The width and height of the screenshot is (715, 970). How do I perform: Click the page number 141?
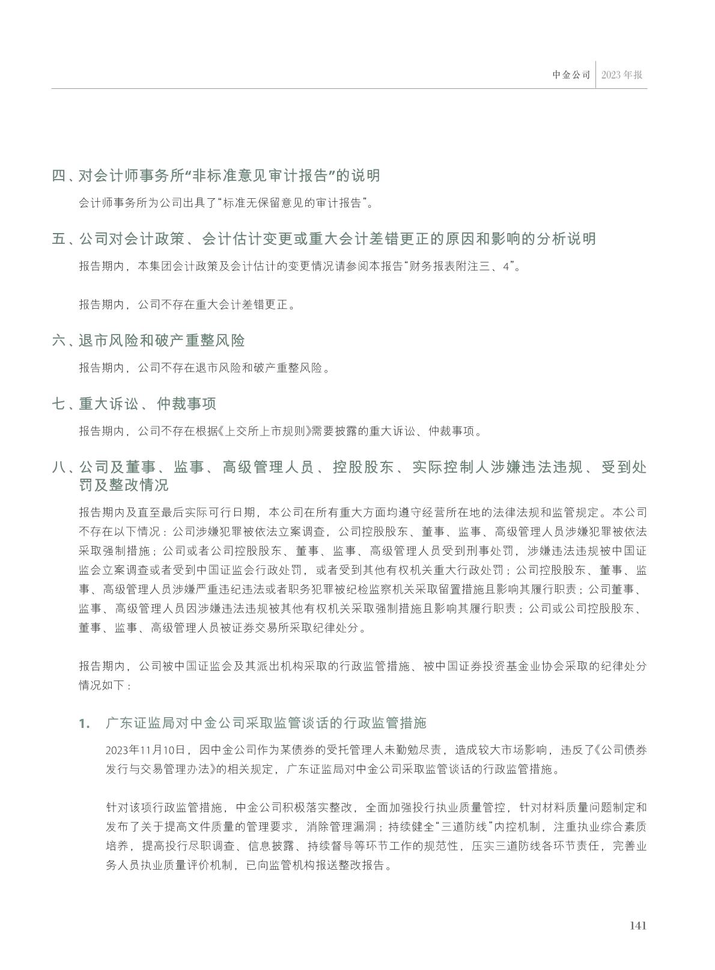[637, 926]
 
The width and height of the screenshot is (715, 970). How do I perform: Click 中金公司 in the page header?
[571, 75]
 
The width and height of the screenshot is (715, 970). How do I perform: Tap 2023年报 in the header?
[622, 75]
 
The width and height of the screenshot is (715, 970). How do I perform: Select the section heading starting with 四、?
[216, 175]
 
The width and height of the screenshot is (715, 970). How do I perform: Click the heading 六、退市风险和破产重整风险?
[148, 341]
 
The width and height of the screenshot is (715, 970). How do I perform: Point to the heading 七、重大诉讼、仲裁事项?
[134, 404]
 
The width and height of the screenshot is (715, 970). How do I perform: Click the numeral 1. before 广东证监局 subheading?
[85, 723]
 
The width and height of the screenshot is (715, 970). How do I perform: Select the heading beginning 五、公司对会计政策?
[324, 238]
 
